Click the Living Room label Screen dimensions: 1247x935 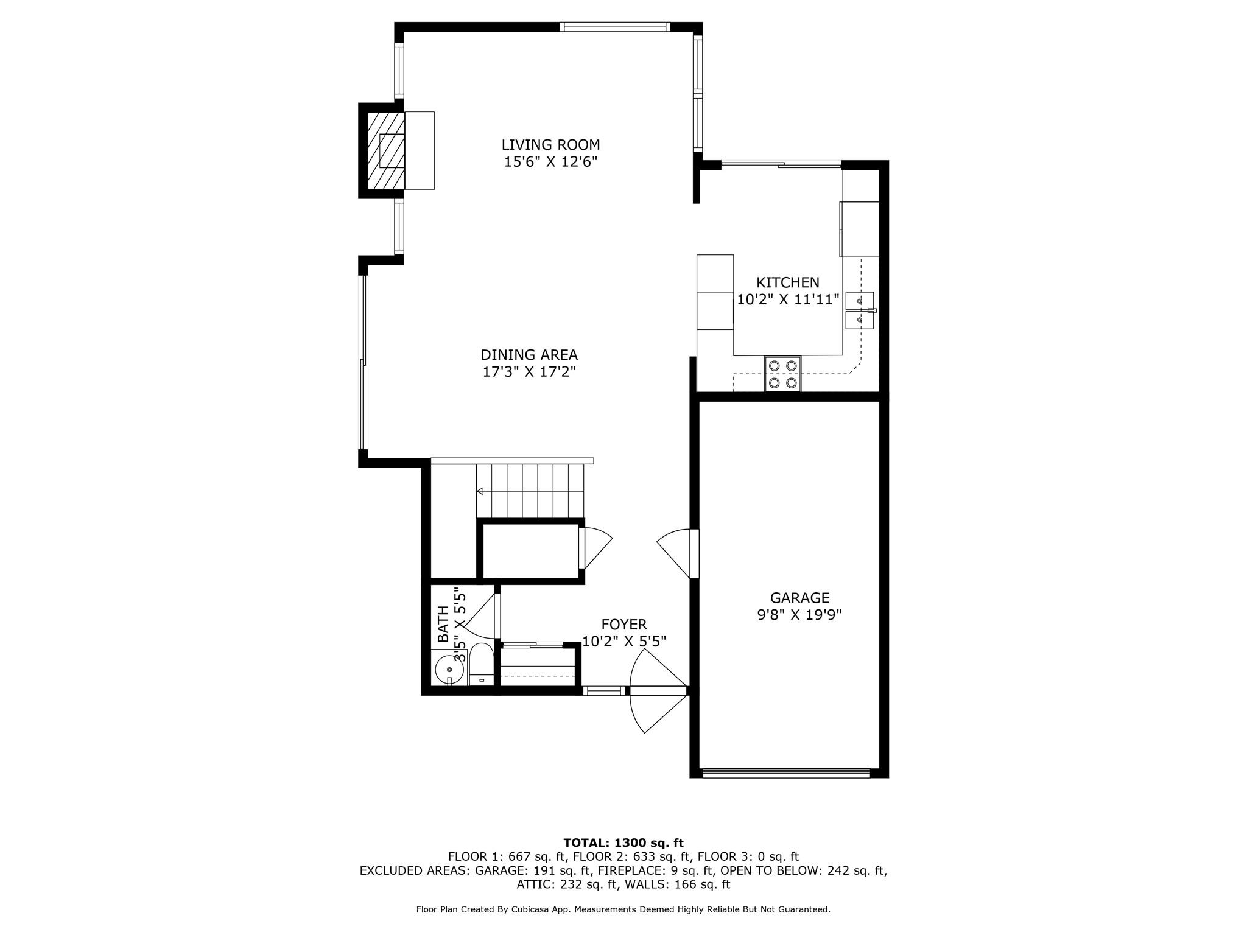550,145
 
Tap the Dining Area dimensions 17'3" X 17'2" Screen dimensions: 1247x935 529,372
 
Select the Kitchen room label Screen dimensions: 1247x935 788,282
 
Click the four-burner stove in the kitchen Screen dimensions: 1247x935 783,374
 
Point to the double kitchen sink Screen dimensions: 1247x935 860,310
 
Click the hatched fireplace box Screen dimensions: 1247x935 385,150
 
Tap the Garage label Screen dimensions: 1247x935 799,598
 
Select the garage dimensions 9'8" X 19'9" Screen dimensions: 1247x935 799,615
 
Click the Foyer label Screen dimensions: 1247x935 624,625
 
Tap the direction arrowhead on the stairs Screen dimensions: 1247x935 480,491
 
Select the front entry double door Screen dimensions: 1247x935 658,691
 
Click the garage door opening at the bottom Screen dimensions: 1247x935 787,773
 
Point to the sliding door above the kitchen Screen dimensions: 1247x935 781,164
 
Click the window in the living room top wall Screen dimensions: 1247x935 615,27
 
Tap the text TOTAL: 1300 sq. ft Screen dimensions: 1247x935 623,843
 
